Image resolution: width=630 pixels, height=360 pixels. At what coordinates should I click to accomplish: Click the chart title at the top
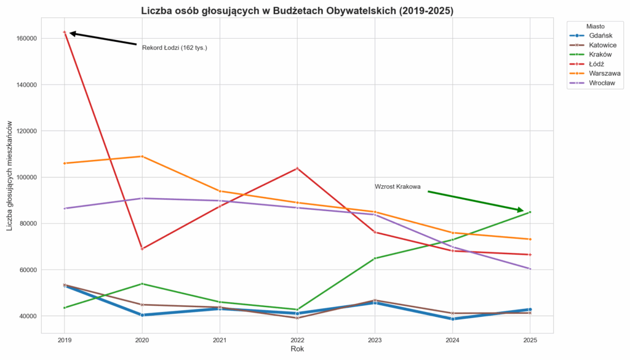(297, 10)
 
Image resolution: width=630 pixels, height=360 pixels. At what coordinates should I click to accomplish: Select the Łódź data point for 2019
(65, 32)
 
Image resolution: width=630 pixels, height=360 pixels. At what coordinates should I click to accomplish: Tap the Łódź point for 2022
(297, 168)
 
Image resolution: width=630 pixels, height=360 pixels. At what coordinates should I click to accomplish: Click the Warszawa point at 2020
(142, 156)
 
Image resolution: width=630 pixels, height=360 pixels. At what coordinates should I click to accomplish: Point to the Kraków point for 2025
(530, 212)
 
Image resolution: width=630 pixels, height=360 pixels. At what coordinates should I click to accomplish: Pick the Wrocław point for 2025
(530, 269)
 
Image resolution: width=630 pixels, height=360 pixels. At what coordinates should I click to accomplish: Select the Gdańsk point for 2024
(452, 319)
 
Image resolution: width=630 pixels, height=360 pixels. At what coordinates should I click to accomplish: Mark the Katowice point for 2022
(297, 318)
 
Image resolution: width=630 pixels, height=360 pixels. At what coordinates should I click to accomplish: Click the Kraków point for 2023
(375, 258)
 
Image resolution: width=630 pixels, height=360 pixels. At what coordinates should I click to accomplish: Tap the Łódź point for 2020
(142, 249)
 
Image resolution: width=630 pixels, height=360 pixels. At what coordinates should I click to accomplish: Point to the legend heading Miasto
(594, 27)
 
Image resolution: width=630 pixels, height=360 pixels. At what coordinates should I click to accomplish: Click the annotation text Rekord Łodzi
(174, 48)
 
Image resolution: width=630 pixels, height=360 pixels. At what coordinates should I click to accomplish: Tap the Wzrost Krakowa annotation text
(397, 187)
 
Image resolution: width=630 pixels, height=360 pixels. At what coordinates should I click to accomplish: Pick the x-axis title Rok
(297, 349)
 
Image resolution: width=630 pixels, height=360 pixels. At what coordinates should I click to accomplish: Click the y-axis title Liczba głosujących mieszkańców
(10, 175)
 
